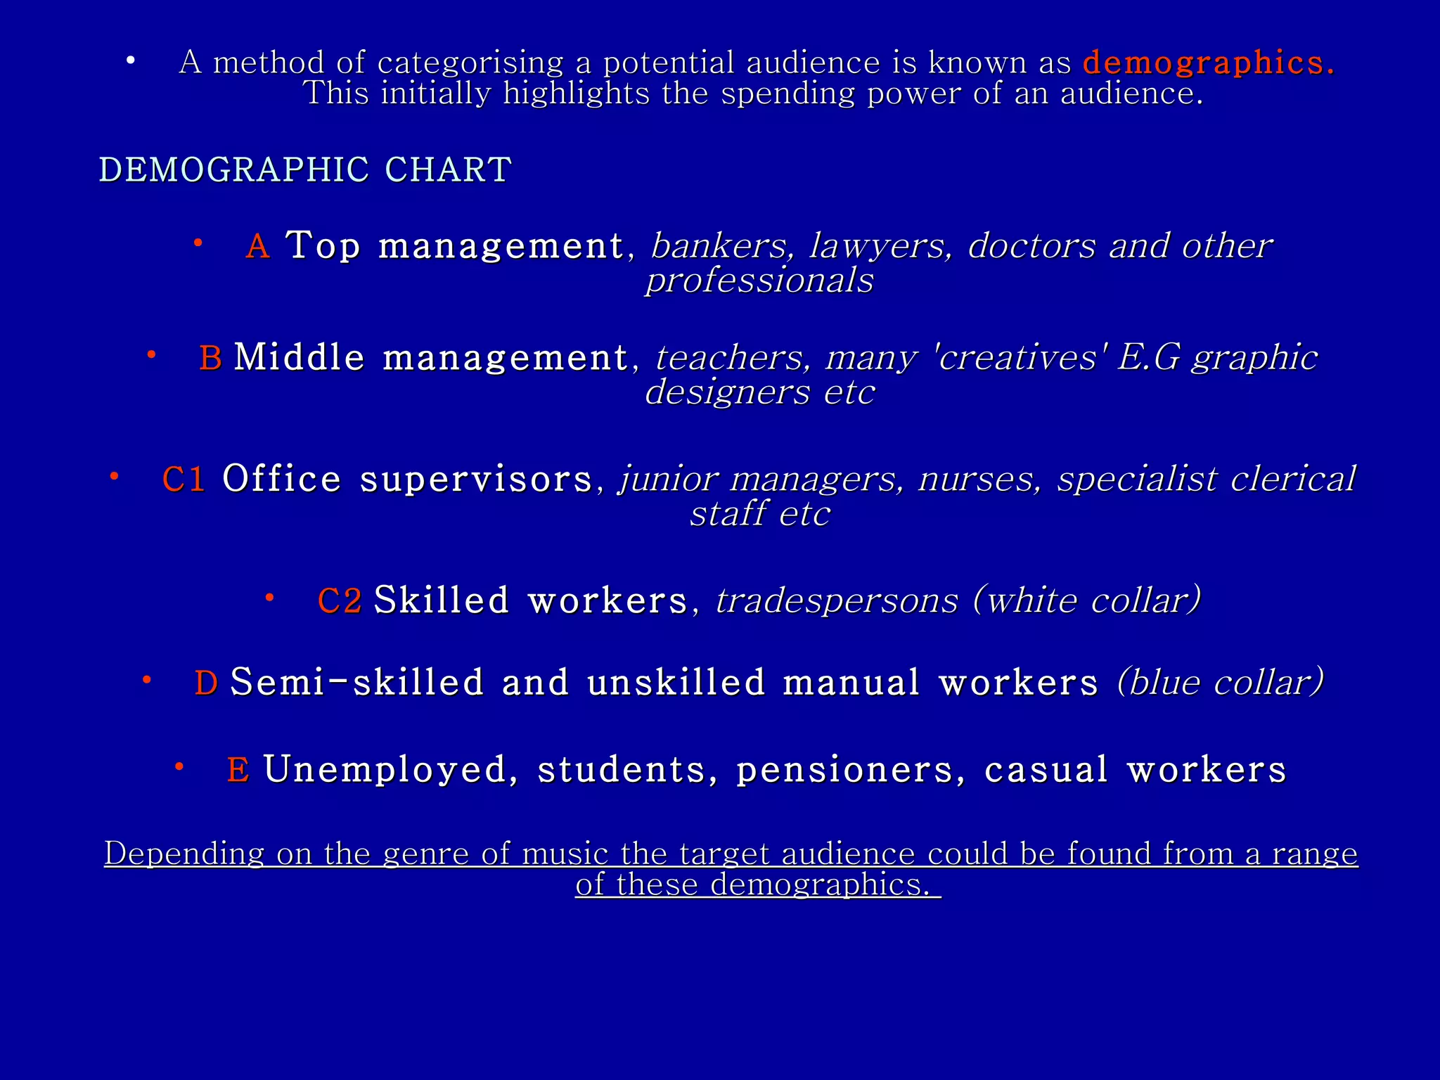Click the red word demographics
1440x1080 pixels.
[1208, 63]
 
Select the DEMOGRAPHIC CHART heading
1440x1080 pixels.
[305, 170]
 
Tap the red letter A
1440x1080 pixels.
[258, 246]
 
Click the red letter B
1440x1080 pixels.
[210, 358]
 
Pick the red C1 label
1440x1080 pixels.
[184, 480]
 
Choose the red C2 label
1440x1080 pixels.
[340, 601]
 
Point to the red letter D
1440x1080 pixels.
[206, 683]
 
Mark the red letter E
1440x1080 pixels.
[238, 770]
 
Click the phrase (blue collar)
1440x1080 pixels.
[1221, 683]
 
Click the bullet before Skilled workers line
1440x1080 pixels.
[269, 598]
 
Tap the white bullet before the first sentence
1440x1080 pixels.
[130, 61]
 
